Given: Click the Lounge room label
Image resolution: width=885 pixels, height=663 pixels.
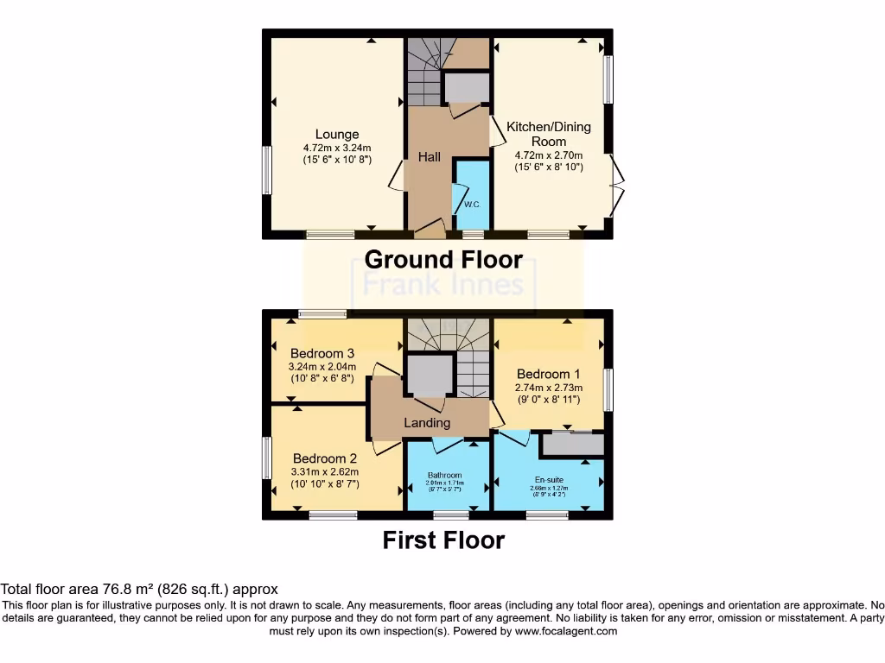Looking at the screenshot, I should [337, 134].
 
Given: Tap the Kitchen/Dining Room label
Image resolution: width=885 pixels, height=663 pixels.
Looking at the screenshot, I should [549, 134].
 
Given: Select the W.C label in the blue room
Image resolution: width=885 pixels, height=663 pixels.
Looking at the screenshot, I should [472, 205].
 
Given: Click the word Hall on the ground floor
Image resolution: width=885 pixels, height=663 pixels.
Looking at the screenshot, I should [430, 156].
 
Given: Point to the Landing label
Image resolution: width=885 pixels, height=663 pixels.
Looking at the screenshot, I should [427, 423].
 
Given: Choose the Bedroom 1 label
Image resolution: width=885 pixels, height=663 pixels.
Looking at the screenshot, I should [549, 374].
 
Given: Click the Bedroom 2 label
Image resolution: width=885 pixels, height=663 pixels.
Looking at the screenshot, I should [324, 458].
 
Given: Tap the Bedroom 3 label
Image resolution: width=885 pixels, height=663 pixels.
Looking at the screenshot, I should [322, 353].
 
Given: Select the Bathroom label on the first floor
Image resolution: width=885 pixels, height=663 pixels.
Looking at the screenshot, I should [445, 475].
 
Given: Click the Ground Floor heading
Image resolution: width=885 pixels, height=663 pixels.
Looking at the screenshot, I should [443, 259].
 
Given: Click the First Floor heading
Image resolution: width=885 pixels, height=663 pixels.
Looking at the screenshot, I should [443, 540].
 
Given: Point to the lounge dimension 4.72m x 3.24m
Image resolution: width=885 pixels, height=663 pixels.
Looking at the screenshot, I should [337, 148].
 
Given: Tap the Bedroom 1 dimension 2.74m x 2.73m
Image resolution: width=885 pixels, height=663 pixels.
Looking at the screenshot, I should [549, 388].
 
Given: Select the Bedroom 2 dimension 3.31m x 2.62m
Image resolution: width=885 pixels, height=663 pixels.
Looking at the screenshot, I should [324, 472].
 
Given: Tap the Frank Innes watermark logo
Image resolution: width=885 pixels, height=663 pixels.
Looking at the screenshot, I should [443, 283].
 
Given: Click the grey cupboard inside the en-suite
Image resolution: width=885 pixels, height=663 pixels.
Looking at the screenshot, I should [572, 445].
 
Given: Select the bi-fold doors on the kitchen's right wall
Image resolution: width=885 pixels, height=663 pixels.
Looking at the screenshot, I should [617, 185].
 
